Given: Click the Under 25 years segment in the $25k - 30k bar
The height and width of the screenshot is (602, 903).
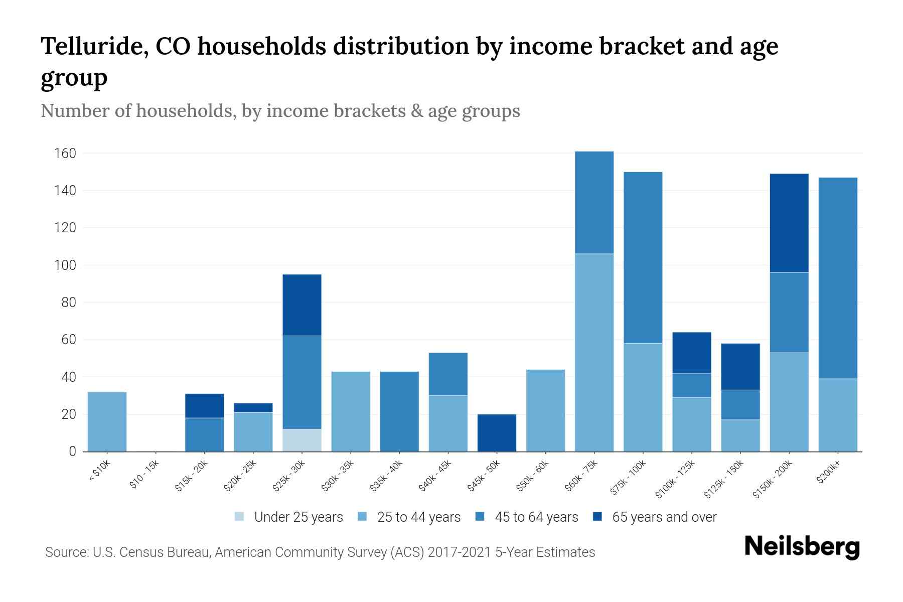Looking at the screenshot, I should [x=302, y=440].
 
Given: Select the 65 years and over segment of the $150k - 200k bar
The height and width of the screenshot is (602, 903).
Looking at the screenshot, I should [x=789, y=223].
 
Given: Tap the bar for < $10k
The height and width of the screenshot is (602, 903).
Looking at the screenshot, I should [x=107, y=421].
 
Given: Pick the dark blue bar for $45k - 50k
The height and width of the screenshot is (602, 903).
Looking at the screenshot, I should [x=497, y=432].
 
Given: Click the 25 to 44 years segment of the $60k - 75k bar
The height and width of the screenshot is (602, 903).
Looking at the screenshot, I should [x=594, y=352].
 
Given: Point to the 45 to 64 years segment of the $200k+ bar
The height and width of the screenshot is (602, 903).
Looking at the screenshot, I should [x=838, y=278].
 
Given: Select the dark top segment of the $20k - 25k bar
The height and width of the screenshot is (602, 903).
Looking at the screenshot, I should [x=253, y=407].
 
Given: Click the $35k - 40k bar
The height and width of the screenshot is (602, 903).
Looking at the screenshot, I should [x=399, y=411].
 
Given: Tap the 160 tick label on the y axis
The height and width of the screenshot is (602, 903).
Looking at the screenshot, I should [x=65, y=153].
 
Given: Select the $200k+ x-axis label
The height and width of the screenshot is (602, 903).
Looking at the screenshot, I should [x=828, y=473].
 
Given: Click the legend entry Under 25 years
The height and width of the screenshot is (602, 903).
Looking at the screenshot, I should [x=298, y=517].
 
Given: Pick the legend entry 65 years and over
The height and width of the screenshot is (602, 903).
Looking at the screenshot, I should [x=664, y=517].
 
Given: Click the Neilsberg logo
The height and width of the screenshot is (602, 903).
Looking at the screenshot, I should [x=802, y=547].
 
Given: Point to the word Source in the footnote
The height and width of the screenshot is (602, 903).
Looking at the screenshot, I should [x=66, y=552].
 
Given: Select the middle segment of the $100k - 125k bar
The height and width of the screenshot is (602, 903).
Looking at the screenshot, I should [x=692, y=385].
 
